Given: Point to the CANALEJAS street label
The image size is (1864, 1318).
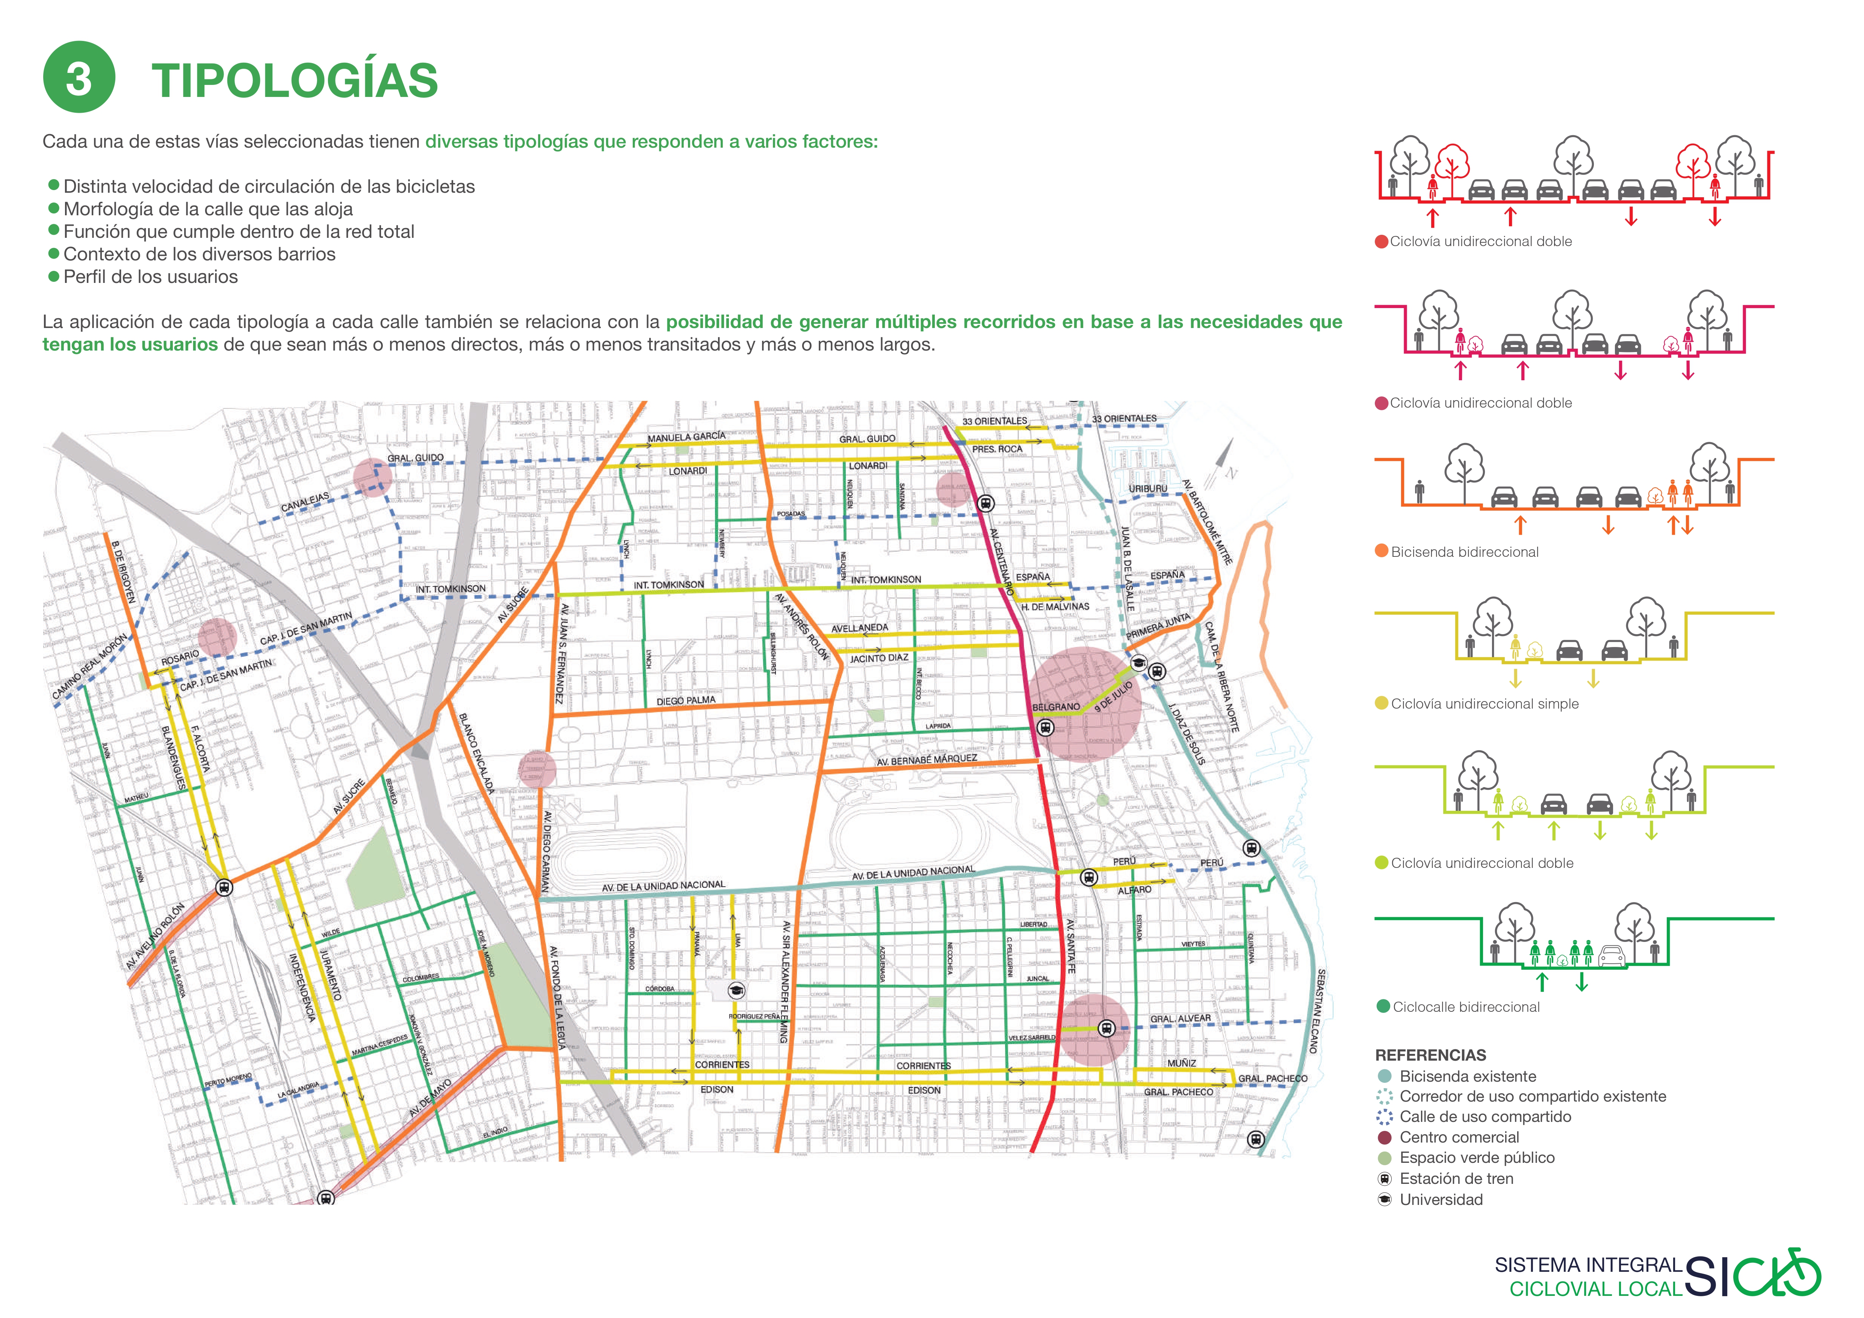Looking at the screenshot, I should click(x=305, y=502).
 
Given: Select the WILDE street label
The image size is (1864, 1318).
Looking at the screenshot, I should click(x=330, y=933).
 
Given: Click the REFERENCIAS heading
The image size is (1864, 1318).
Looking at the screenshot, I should click(x=1430, y=1055).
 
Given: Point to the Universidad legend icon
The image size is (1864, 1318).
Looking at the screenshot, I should click(x=1385, y=1200).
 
